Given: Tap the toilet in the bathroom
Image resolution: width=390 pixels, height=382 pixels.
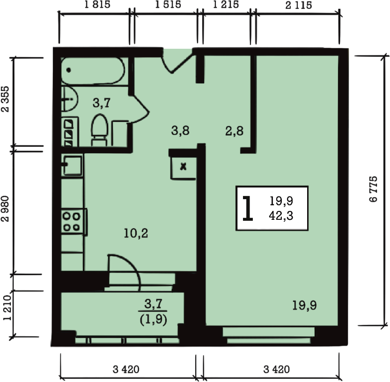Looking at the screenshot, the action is click(x=100, y=129).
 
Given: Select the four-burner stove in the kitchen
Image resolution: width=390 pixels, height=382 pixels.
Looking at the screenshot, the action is click(x=74, y=222).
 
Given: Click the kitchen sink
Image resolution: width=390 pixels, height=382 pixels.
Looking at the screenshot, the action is click(x=73, y=165).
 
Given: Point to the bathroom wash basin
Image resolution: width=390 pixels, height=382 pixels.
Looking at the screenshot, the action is click(x=70, y=99).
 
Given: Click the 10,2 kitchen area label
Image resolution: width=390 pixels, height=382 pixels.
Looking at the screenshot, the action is click(x=136, y=233).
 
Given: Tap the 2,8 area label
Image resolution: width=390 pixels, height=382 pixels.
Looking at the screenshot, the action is click(x=234, y=131).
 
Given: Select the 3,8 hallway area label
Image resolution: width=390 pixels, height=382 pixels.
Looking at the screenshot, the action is click(x=180, y=130).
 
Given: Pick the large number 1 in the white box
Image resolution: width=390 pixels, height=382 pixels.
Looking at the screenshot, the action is click(x=248, y=209).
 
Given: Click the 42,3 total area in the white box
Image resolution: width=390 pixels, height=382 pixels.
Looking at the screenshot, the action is click(x=281, y=216).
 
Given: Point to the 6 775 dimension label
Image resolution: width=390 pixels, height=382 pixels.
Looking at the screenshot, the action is click(x=373, y=189).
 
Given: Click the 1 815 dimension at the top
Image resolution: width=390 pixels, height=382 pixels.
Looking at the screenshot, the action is click(x=97, y=4).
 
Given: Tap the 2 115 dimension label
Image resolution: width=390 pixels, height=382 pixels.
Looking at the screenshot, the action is click(x=299, y=5).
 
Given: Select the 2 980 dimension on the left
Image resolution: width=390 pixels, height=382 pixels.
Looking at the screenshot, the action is click(x=5, y=209).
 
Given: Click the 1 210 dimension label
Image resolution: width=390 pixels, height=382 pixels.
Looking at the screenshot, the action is click(x=7, y=308).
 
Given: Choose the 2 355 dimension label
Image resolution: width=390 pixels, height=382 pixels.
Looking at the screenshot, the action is click(x=5, y=99).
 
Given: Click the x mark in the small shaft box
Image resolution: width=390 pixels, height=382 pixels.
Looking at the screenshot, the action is click(x=184, y=166).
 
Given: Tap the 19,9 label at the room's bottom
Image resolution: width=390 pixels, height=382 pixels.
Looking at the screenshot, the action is click(x=304, y=305).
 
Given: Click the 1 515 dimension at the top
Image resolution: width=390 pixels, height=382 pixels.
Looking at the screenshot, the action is click(x=168, y=4).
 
